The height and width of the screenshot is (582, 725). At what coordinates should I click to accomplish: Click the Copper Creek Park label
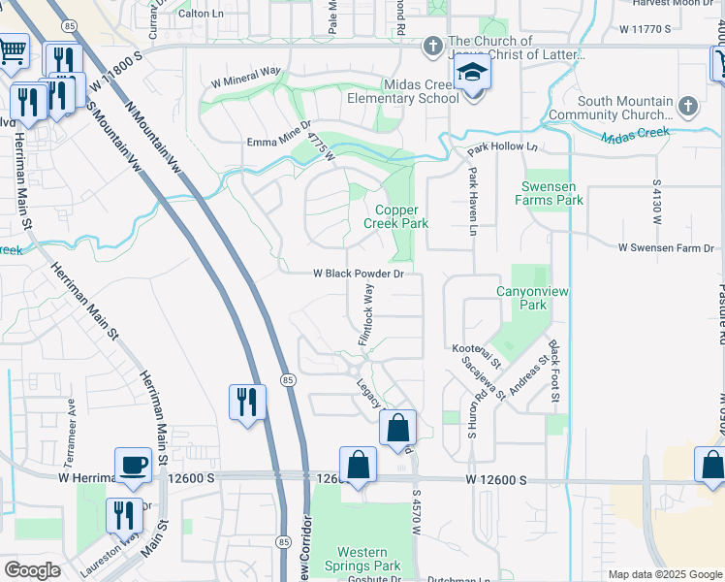point(395,215)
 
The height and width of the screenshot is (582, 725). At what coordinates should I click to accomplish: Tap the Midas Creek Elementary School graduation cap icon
point(472,74)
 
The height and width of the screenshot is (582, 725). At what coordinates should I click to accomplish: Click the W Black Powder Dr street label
point(358,274)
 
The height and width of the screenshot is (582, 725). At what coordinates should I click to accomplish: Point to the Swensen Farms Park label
point(552,193)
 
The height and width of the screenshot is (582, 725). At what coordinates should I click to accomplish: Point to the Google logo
point(32,569)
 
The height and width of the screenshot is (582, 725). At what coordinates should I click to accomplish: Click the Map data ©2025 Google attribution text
point(664,574)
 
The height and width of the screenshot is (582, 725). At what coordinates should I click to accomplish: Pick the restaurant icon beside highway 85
point(246,401)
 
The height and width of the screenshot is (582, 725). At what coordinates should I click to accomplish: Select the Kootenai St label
point(475,355)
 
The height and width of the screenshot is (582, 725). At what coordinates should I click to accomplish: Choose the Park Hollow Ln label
point(502,148)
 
